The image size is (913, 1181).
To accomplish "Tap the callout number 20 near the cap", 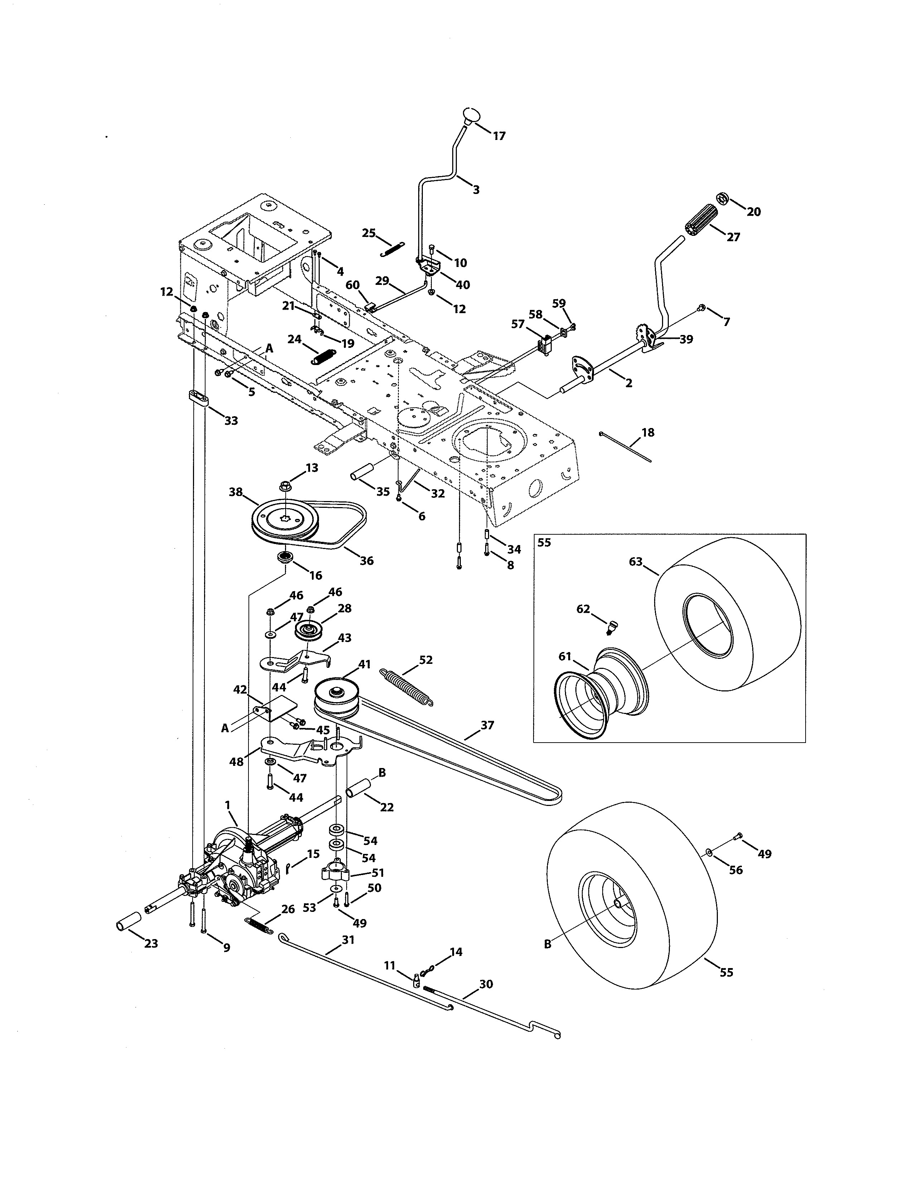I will point(753,212).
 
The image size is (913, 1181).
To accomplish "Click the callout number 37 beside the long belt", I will point(487,725).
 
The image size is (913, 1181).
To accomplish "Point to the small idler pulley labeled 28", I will point(309,631).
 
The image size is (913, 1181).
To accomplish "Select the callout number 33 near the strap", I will point(231,421).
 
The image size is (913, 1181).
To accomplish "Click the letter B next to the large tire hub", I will point(547,944).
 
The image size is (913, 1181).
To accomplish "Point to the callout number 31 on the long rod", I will point(348,940).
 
